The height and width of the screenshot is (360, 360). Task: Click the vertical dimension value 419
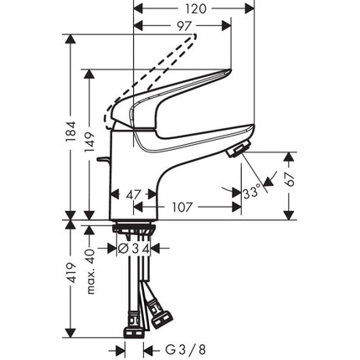[x=72, y=274]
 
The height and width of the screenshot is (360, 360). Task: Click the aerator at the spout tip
[x=236, y=148]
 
